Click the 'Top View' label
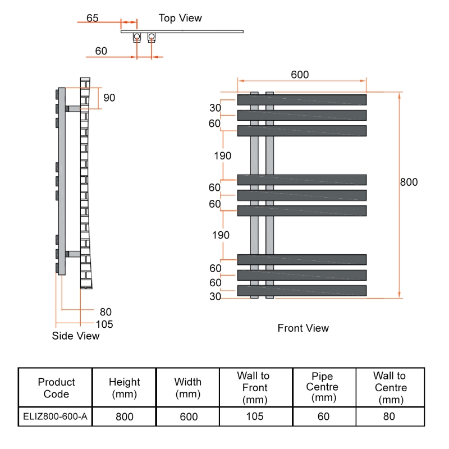point(180,19)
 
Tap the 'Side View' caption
point(75,336)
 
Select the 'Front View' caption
point(303,328)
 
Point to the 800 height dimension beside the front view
point(409,182)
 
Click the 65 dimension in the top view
point(93,18)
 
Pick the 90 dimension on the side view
point(109,98)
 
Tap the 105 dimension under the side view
point(104,324)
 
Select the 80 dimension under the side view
point(106,311)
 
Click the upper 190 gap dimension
point(222,156)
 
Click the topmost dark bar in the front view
point(302,100)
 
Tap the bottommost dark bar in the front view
point(302,291)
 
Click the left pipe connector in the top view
point(137,38)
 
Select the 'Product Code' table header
point(56,388)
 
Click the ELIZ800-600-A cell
point(55,416)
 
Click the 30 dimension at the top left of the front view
point(215,108)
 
